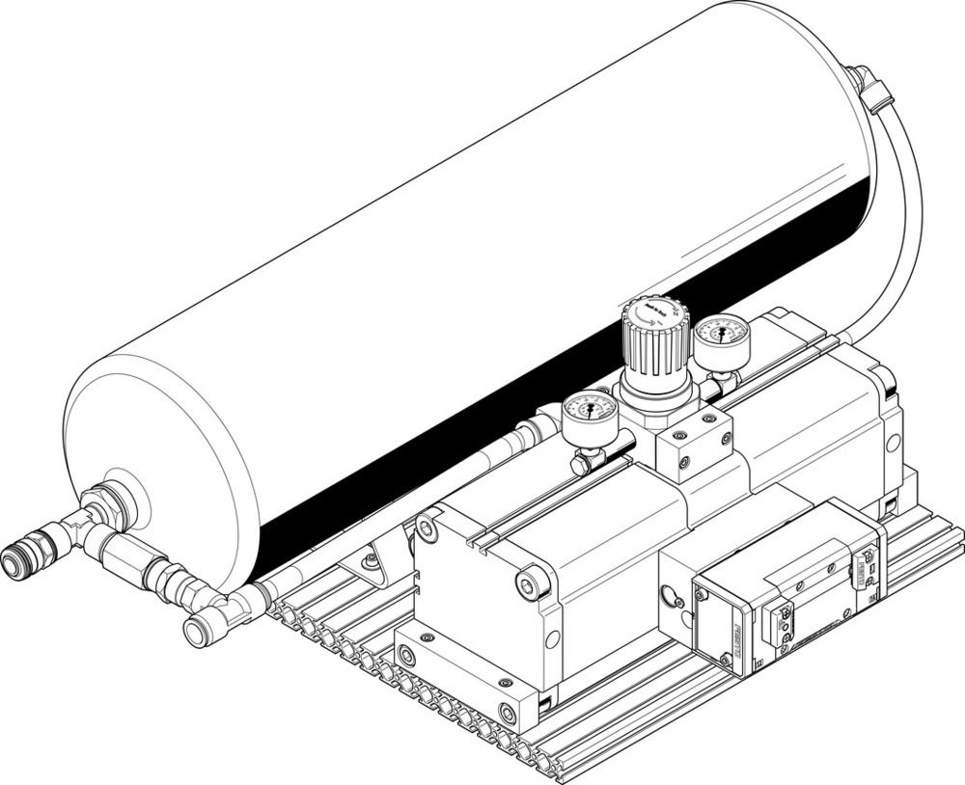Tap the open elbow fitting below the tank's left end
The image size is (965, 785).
(201, 632)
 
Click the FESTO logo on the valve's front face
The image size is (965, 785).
(736, 641)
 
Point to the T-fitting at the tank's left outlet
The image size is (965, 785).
(77, 526)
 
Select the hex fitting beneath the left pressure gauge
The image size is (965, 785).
(583, 462)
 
